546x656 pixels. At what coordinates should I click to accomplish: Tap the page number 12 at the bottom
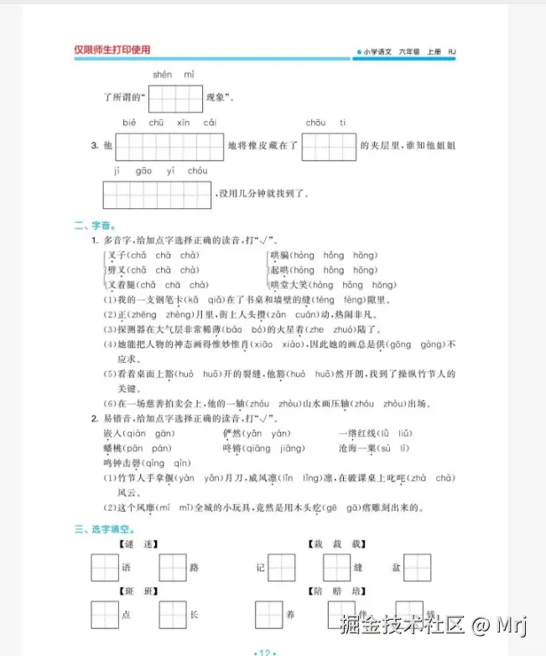coord(264,651)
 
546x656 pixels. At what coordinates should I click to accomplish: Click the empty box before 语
coord(105,568)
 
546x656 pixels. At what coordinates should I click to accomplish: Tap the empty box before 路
coord(172,568)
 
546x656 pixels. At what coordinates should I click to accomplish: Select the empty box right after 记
coord(281,568)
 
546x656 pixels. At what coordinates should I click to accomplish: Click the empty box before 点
coord(105,614)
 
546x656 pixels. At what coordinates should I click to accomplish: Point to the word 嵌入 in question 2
coord(112,433)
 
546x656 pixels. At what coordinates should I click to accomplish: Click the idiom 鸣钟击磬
coord(121,463)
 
